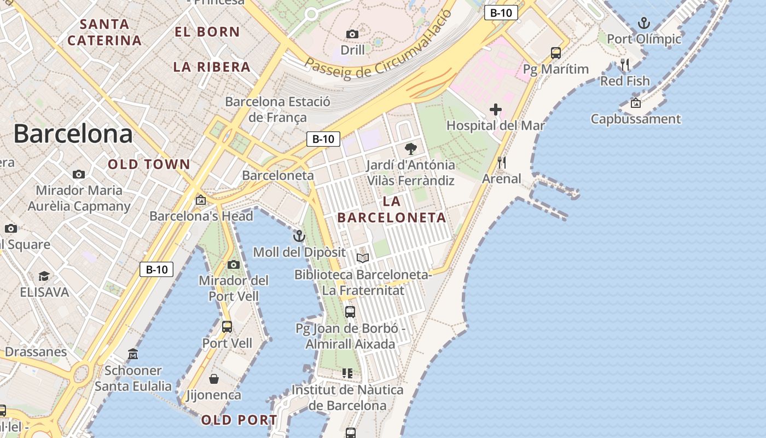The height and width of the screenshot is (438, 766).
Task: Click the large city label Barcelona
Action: [x=73, y=134]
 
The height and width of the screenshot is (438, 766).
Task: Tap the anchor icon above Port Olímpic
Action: [x=644, y=23]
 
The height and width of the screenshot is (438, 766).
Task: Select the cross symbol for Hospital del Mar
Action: [x=496, y=109]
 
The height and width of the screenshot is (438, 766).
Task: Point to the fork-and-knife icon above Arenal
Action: [x=501, y=163]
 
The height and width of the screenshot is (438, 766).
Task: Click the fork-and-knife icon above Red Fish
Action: [x=625, y=65]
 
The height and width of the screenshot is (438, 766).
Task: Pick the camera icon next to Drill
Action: [x=352, y=34]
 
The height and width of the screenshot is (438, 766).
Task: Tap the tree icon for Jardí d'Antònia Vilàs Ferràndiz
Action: [x=410, y=148]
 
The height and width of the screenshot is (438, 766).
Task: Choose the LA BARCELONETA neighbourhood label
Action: [x=392, y=209]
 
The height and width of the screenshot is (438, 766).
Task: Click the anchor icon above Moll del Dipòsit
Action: [x=299, y=236]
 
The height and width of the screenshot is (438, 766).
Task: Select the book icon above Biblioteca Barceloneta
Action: [x=363, y=258]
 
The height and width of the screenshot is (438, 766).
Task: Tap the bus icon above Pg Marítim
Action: [x=556, y=53]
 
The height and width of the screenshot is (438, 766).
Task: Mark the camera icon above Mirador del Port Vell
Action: [x=234, y=265]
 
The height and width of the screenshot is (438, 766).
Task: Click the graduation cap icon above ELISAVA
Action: [x=44, y=276]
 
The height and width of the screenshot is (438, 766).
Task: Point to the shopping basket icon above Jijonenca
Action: [x=214, y=379]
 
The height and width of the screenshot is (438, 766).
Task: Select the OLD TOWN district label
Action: [x=149, y=164]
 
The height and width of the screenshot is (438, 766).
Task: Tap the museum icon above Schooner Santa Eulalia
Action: [x=133, y=354]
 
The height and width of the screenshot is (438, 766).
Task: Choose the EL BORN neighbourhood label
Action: [x=207, y=32]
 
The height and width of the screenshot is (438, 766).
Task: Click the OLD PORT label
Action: [x=239, y=420]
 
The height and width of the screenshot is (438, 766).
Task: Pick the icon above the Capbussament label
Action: [x=636, y=103]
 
